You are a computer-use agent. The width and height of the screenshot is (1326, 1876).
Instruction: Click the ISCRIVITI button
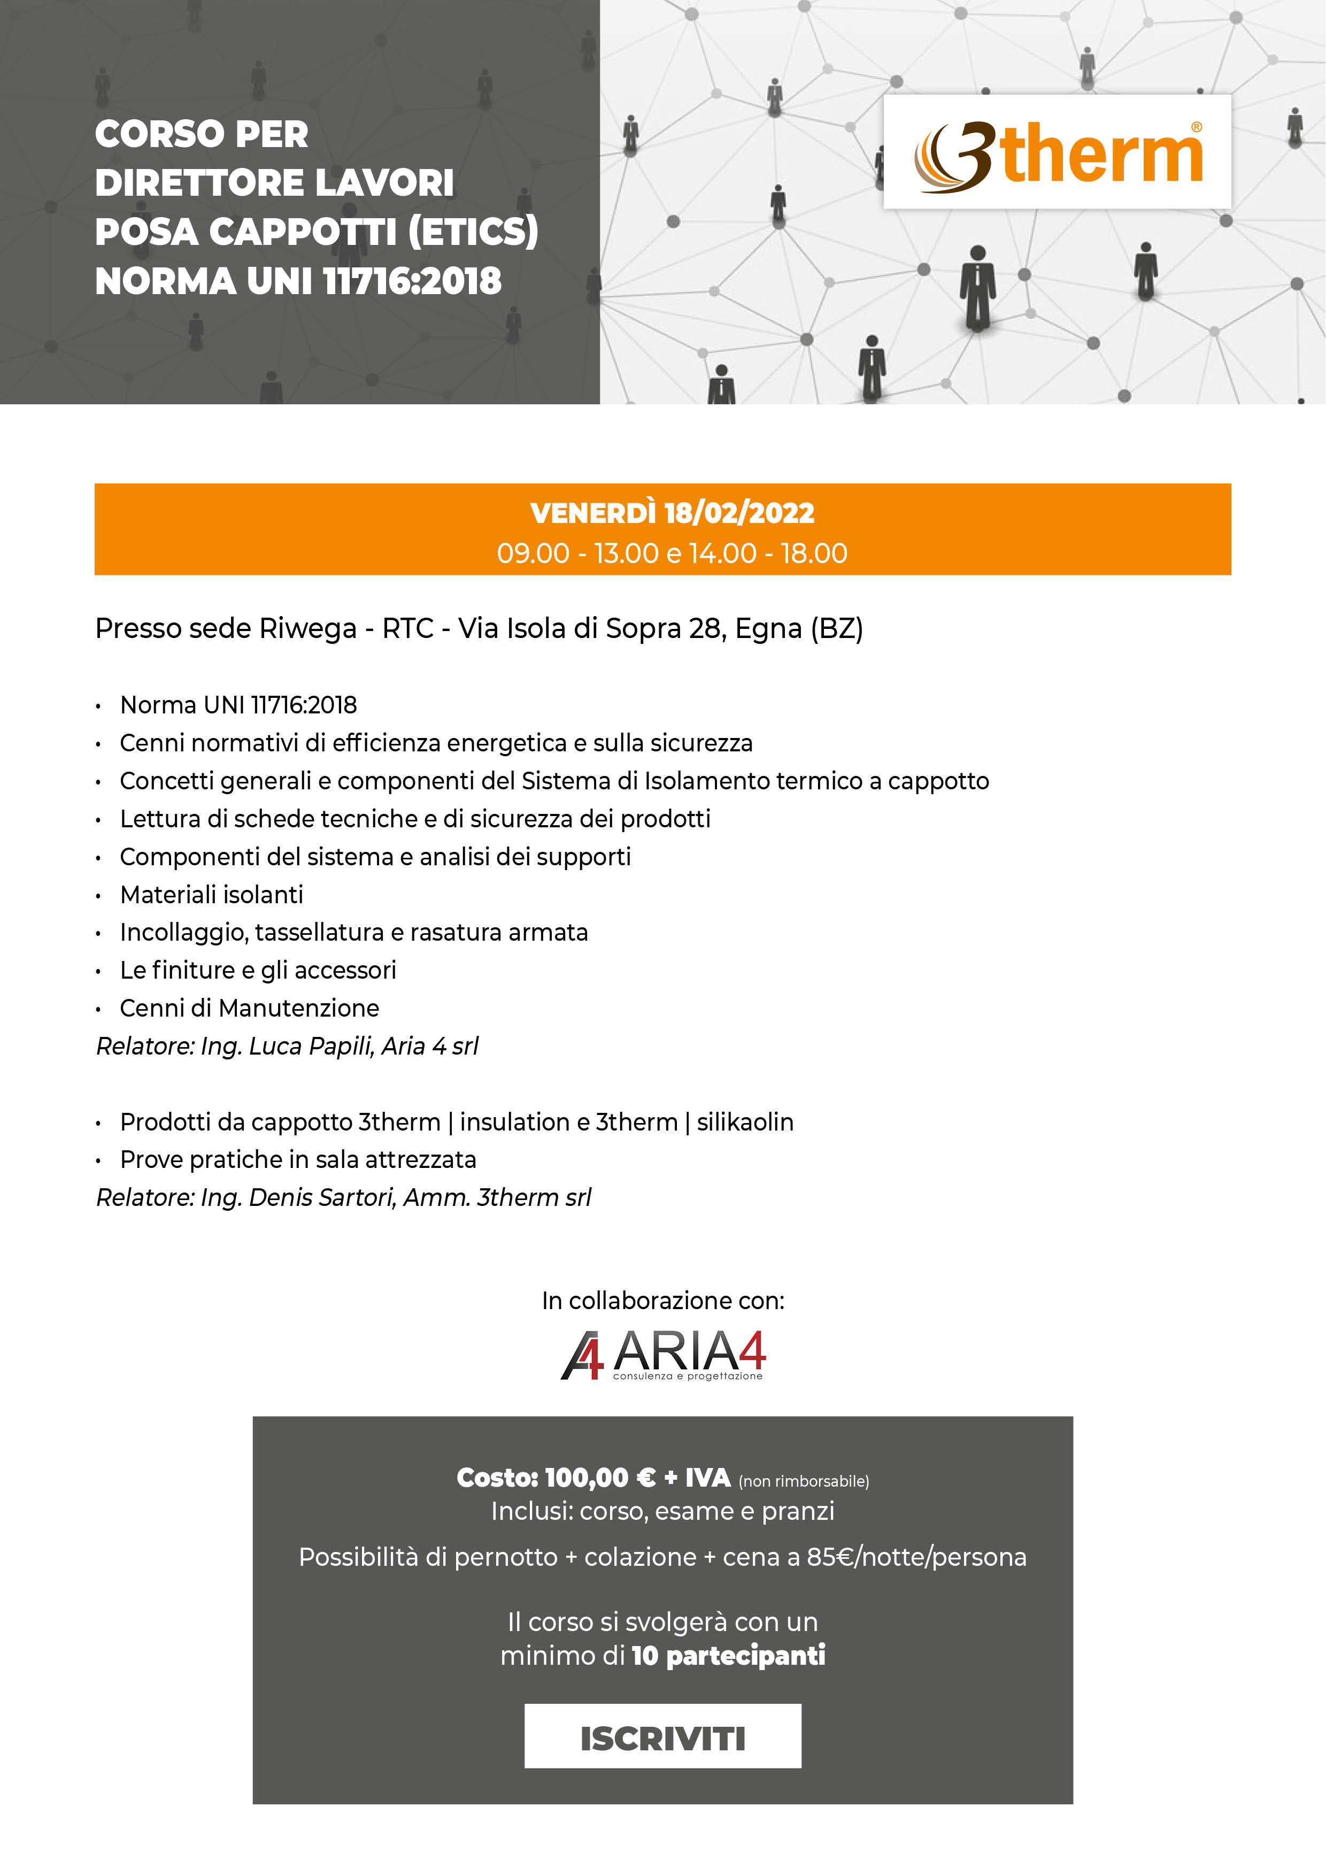click(x=662, y=1738)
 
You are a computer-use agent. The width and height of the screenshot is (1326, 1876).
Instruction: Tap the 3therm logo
click(x=1057, y=153)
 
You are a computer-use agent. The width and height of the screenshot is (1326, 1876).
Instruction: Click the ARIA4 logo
click(x=662, y=1354)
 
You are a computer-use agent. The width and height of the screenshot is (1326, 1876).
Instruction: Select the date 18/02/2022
click(x=739, y=513)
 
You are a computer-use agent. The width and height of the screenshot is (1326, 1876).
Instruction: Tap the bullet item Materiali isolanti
click(x=212, y=895)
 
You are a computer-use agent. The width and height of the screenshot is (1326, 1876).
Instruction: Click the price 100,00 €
click(x=600, y=1478)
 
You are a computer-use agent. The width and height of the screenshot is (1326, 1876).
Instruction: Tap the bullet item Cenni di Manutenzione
click(x=249, y=1008)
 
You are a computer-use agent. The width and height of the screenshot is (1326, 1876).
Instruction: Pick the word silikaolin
click(x=745, y=1122)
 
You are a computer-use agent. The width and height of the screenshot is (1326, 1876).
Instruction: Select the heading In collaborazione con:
click(x=662, y=1301)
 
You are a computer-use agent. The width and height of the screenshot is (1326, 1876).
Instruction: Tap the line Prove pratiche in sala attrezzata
click(x=298, y=1160)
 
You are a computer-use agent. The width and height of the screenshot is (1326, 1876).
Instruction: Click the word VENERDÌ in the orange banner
click(x=592, y=513)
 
